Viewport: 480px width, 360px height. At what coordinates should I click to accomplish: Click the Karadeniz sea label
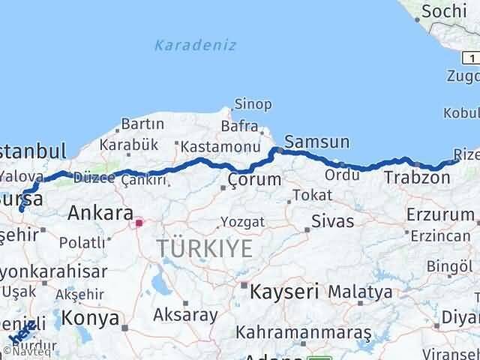point(195,45)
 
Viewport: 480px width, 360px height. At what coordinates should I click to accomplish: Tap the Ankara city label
point(100,213)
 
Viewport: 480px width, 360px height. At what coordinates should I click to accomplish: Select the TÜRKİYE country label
point(205,249)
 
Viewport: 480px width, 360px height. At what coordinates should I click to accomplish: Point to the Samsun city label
point(317,142)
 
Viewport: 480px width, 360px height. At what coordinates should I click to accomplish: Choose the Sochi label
point(443,11)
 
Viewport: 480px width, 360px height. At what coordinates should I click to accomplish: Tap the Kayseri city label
point(284,290)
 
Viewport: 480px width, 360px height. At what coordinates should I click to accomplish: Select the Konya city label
point(90,318)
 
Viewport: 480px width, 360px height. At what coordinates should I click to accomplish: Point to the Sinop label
point(253,104)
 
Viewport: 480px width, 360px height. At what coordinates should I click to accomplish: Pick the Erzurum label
point(440,214)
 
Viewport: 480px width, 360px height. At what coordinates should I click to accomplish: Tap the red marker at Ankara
point(138,222)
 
